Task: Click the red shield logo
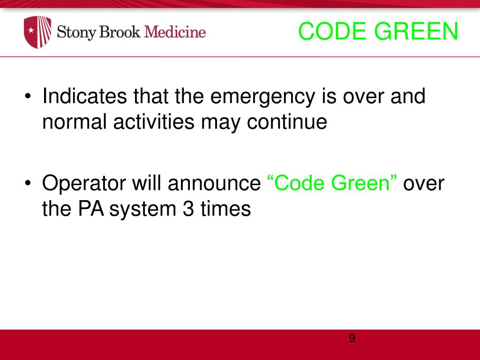(x=37, y=32)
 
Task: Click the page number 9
(x=352, y=338)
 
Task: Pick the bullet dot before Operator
(x=29, y=184)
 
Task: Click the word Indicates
(x=85, y=97)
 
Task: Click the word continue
(x=287, y=122)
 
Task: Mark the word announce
(x=214, y=184)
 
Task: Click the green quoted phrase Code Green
(x=332, y=183)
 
